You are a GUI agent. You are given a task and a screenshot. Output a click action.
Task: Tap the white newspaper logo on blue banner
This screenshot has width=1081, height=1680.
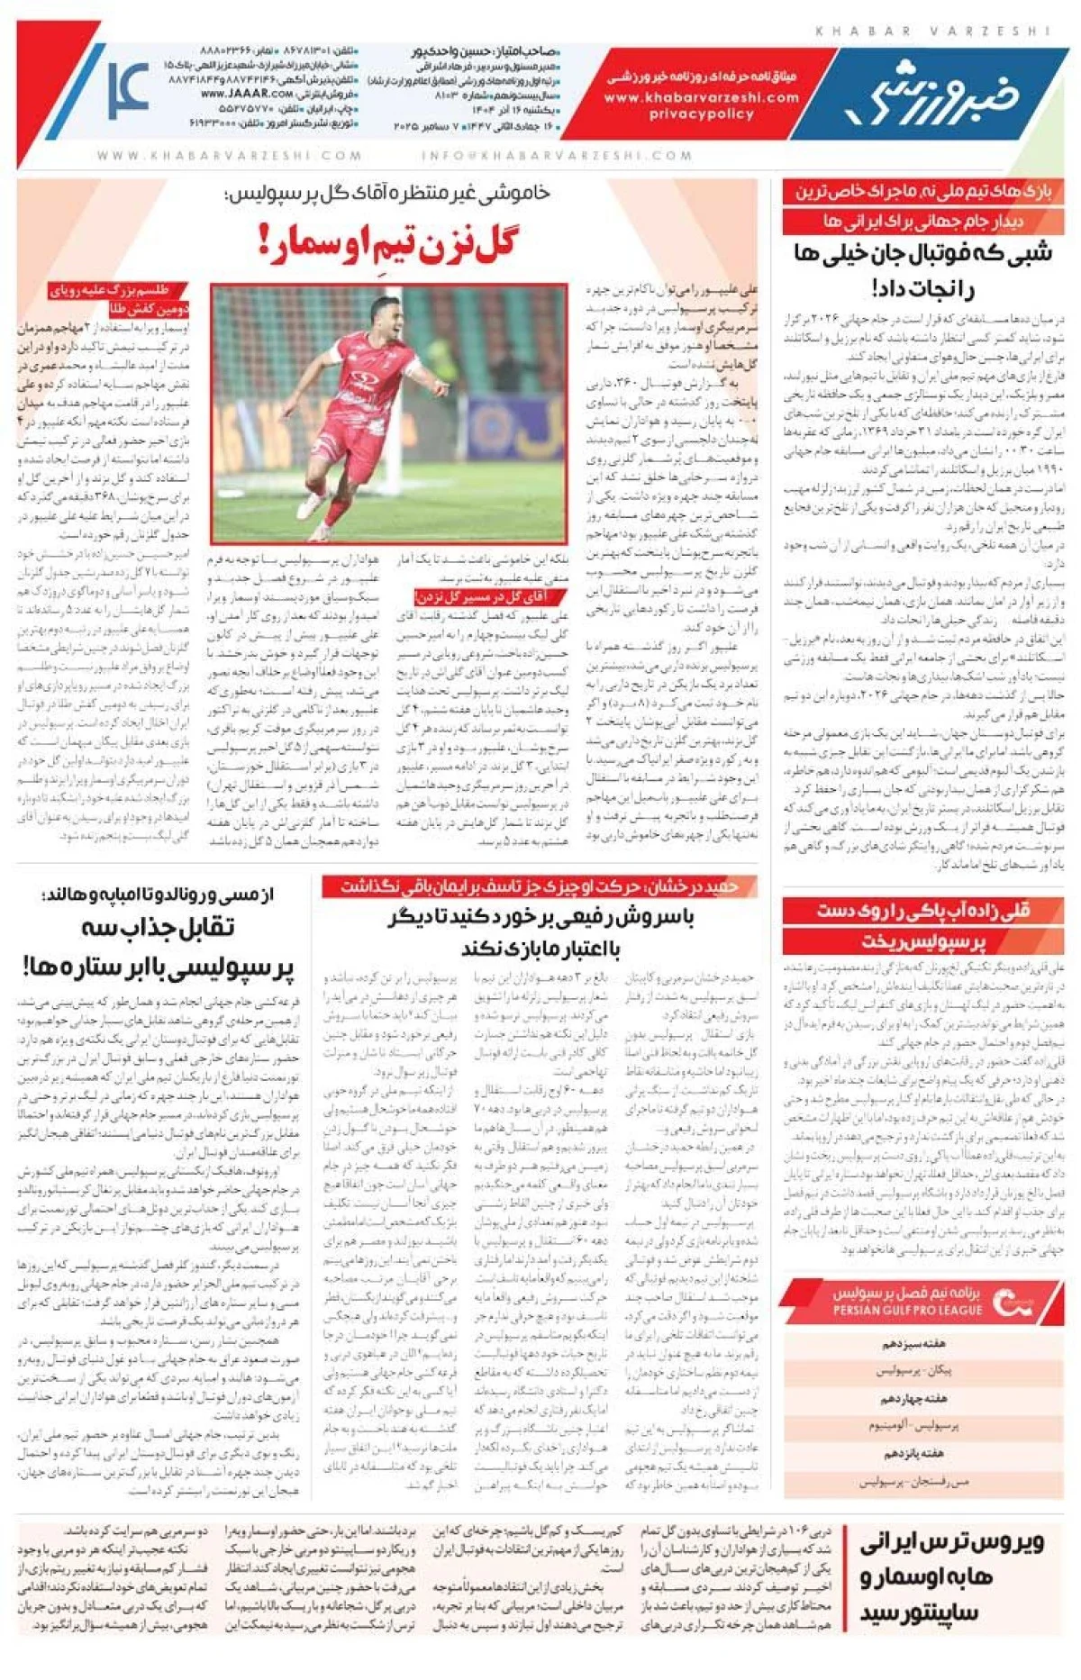pyautogui.click(x=931, y=91)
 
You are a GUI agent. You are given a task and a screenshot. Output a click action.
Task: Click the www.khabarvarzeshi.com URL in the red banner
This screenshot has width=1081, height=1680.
pyautogui.click(x=701, y=97)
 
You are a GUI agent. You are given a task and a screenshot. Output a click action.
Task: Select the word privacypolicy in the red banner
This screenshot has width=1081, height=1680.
pyautogui.click(x=701, y=114)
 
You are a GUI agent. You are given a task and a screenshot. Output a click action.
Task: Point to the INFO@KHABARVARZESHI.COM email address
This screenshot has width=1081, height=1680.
pyautogui.click(x=557, y=155)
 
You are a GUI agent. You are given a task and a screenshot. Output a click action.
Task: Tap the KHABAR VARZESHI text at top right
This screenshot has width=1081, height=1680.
pyautogui.click(x=932, y=32)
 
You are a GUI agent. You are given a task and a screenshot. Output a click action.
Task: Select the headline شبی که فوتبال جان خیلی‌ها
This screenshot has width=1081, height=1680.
pyautogui.click(x=922, y=253)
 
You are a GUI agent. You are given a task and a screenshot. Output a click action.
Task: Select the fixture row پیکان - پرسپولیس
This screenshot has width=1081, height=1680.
pyautogui.click(x=913, y=1371)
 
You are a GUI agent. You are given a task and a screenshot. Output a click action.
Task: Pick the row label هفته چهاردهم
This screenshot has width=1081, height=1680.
pyautogui.click(x=913, y=1399)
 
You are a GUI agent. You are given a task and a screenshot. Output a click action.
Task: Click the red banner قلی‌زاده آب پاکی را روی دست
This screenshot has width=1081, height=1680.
pyautogui.click(x=922, y=911)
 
